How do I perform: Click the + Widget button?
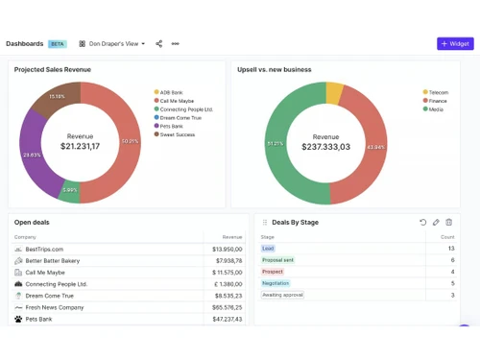(455, 43)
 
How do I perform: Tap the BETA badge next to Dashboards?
(58, 43)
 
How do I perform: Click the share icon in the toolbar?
(159, 43)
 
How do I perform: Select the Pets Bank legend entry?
(174, 126)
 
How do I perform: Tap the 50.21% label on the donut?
(130, 141)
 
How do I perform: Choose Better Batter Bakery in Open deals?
(54, 260)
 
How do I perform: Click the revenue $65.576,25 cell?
(228, 307)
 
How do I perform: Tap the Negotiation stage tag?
(276, 283)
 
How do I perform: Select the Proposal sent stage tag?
(278, 260)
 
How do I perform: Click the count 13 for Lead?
(451, 249)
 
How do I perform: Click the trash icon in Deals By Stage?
(449, 222)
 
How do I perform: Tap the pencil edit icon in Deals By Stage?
(436, 222)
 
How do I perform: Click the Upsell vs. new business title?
(275, 69)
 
